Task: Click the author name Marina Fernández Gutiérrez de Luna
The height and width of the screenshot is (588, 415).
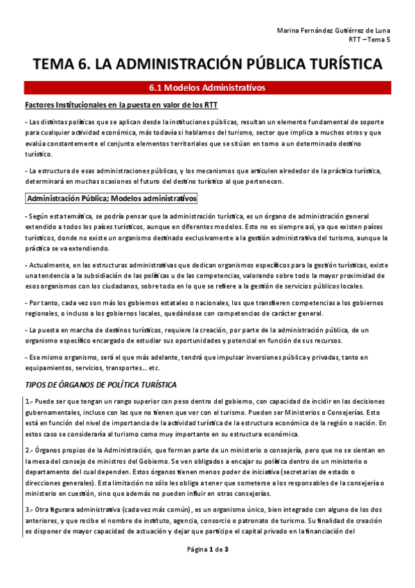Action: point(342,30)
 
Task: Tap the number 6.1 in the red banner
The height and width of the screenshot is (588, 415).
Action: point(158,87)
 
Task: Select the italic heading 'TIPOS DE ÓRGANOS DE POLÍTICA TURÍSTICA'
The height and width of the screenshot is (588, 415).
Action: point(100,384)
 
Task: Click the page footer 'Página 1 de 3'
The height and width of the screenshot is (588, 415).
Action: point(207,569)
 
